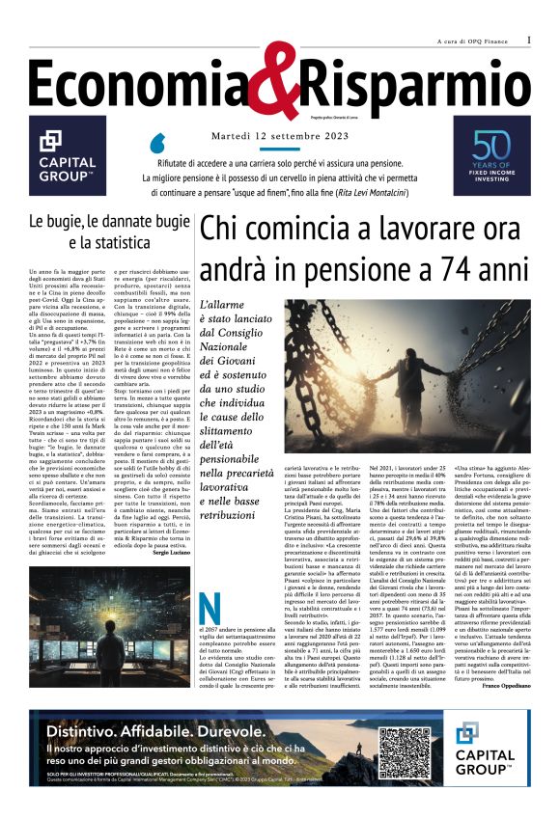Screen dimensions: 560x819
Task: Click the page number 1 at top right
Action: click(x=529, y=41)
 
